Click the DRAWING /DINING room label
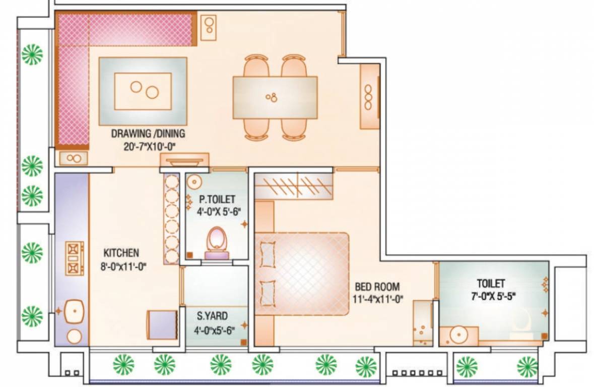point(148,134)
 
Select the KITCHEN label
point(121,253)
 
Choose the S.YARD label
point(212,316)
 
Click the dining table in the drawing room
point(275,97)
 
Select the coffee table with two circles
point(143,91)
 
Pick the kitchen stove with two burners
point(74,258)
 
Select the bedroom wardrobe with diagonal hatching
point(294,185)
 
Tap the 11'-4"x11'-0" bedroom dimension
point(378,299)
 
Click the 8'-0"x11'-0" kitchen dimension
point(123,267)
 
